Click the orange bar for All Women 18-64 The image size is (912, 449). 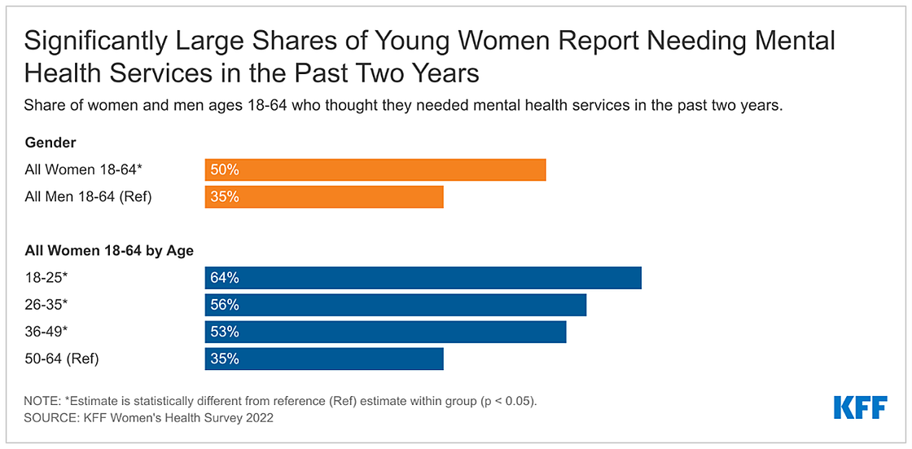click(375, 169)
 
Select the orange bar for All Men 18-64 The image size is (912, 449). click(324, 197)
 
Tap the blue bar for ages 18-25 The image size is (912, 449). click(423, 278)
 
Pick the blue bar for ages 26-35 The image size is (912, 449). click(396, 305)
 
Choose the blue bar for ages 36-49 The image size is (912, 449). click(385, 332)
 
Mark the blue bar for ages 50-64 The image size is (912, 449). click(324, 359)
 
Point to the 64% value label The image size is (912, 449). click(224, 278)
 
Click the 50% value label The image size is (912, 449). click(224, 169)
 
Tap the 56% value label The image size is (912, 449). click(224, 305)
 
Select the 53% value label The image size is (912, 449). click(224, 332)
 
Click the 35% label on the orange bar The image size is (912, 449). click(224, 197)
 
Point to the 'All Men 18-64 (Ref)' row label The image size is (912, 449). click(88, 197)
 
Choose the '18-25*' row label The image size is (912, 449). click(46, 278)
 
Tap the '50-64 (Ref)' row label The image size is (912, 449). click(62, 359)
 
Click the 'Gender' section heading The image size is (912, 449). click(50, 143)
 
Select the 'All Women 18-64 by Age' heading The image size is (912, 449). click(109, 251)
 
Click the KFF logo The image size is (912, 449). click(860, 407)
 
